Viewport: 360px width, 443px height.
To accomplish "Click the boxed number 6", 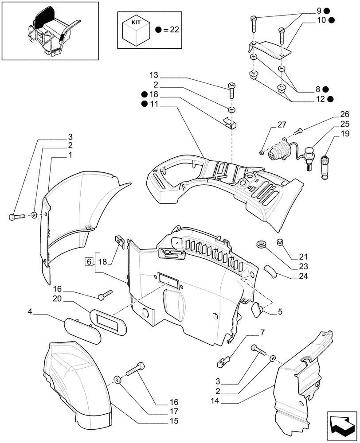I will click(89, 261).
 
